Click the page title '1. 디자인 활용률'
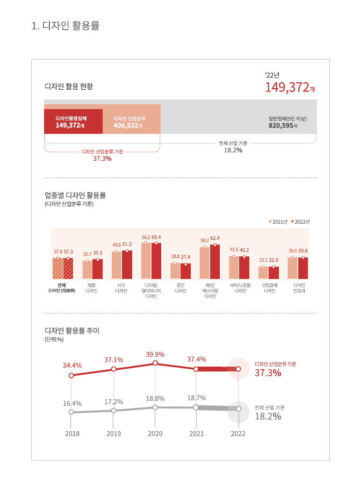coord(66,26)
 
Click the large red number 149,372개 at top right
coord(290,88)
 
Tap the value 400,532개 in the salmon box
coord(127,126)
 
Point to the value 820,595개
coord(283,126)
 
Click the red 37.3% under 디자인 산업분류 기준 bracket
coord(102,159)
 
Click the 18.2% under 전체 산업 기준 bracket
coord(233,150)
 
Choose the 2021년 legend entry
coord(278,221)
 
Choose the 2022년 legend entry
coord(301,221)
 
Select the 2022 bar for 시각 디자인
coord(127,264)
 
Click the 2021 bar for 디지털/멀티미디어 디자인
coord(146,261)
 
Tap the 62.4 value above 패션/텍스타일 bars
coord(215,238)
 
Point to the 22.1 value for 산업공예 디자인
coord(263,260)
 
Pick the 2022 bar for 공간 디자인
coord(185,271)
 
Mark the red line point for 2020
coord(155,363)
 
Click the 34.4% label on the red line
coord(72,366)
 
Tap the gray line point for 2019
coord(113,411)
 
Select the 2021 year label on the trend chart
coord(197,433)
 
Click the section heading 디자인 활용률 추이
coord(75,331)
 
